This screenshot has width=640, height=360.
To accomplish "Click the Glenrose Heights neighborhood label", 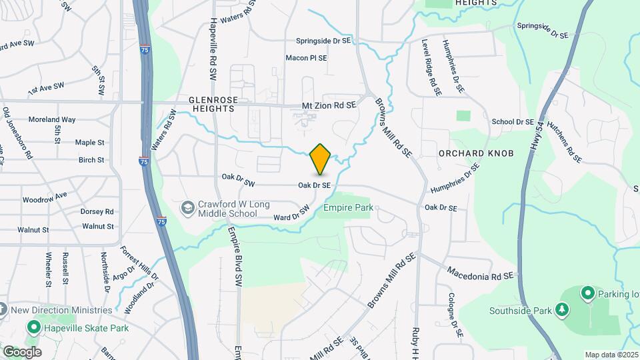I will tap(213, 103).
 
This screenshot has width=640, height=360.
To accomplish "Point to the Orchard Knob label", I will tap(476, 153).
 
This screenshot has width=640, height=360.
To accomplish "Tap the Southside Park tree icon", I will tap(562, 309).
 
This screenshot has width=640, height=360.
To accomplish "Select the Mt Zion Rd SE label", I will tap(329, 105).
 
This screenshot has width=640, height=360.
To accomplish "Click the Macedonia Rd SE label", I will tap(481, 273).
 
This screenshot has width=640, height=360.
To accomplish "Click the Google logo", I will tap(21, 351).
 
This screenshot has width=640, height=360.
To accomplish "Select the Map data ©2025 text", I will tap(611, 355).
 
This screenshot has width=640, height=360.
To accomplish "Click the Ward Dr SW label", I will tap(292, 213).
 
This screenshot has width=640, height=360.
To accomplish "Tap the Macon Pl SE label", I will tap(306, 58).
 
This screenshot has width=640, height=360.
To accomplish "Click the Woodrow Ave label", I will tap(45, 197).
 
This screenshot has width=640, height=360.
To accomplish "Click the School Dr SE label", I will tap(513, 122).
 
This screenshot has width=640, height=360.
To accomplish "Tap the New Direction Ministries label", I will tap(61, 310).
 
